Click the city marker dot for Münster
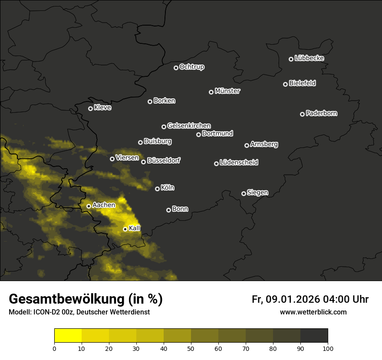[x=211, y=92]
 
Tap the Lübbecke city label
[x=309, y=58]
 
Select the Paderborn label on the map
[x=321, y=113]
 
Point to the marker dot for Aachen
[x=89, y=206]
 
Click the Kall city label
[x=135, y=228]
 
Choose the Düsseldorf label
[x=164, y=160]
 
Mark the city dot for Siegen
[x=244, y=193]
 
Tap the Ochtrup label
[x=191, y=67]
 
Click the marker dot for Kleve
[x=91, y=108]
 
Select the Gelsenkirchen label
[x=189, y=126]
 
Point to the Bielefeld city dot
[x=286, y=84]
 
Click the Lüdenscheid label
[x=239, y=163]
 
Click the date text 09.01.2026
[x=293, y=299]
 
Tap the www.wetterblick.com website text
[x=313, y=312]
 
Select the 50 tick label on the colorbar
[x=191, y=348]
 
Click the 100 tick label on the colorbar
[x=328, y=348]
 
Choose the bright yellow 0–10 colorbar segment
[x=68, y=335]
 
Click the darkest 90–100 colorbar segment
[x=314, y=335]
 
